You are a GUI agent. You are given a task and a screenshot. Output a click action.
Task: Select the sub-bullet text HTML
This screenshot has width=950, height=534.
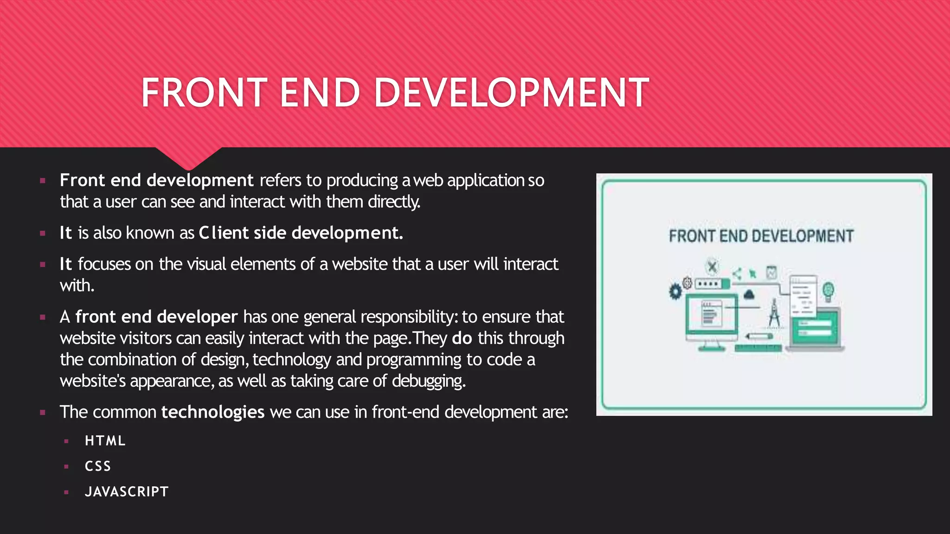pos(105,441)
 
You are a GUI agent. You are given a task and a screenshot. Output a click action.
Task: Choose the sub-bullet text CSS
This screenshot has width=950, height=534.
pos(98,466)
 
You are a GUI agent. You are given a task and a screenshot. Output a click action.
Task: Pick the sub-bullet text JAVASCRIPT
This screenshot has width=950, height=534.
pos(127,492)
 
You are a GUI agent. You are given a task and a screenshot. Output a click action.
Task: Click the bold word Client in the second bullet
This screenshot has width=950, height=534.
pos(224,233)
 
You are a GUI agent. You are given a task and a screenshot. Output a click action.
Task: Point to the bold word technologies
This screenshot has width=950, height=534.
pos(212,412)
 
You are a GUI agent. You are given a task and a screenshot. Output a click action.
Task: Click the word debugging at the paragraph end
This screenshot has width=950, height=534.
pos(428,381)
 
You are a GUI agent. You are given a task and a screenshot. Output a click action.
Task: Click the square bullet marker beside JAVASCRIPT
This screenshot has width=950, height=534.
pos(67,492)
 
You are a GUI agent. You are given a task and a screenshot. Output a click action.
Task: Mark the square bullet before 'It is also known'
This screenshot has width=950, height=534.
pos(43,233)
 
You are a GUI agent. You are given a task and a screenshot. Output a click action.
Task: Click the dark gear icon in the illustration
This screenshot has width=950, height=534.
pos(675,292)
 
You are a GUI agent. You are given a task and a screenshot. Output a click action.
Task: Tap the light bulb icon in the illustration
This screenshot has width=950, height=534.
pos(828,291)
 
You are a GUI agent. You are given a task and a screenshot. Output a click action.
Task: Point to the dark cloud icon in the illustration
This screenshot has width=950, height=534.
pos(749,294)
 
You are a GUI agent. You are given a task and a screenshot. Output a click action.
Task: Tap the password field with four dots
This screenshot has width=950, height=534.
pos(708,284)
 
